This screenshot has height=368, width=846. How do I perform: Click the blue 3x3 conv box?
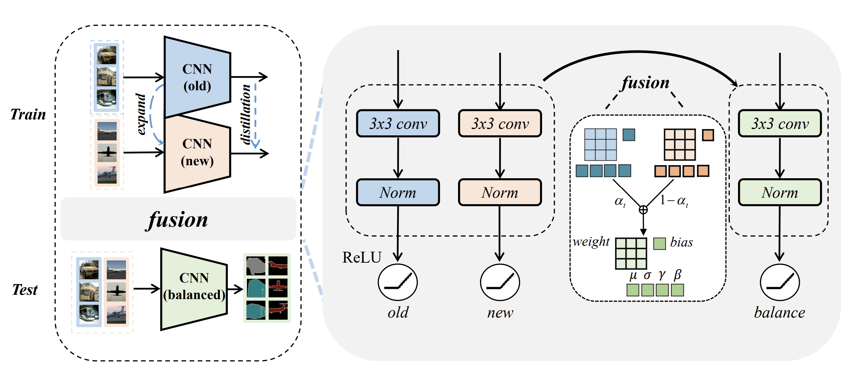point(398,123)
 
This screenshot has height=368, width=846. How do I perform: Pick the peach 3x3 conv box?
point(500,123)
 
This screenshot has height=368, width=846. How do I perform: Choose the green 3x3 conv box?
point(780,123)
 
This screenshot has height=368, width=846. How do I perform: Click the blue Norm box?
point(398,192)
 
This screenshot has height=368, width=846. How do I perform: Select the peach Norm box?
point(500,192)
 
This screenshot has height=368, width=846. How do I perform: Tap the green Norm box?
point(780,192)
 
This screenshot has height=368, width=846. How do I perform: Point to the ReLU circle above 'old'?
point(398,282)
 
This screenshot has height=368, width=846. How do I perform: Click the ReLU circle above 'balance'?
point(780,282)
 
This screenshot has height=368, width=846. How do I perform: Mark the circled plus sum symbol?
point(643,210)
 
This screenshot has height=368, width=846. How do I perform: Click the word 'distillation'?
point(246,114)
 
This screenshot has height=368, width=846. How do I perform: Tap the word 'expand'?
point(141,114)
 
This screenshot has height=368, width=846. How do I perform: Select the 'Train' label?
point(28,114)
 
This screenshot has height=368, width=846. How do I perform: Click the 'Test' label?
point(25,290)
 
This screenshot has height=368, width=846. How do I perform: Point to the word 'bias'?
point(681,242)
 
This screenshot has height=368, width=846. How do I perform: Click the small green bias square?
point(659,244)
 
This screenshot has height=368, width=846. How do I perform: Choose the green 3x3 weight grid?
point(631,253)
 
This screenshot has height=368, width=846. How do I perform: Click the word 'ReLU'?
point(362,257)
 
